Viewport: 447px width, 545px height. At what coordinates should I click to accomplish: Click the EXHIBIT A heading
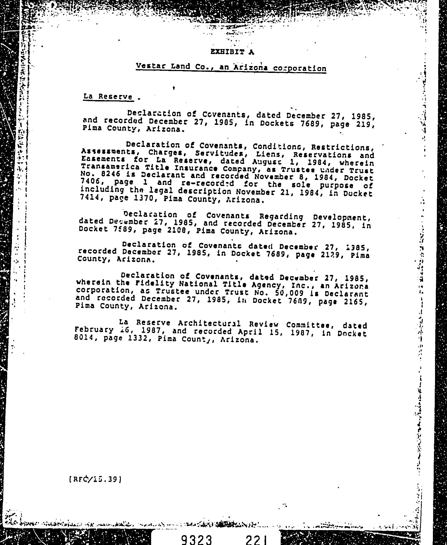pos(232,52)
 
